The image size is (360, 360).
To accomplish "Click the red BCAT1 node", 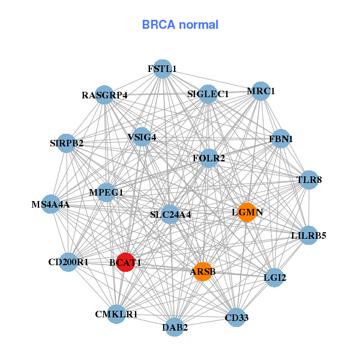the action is coord(125,262).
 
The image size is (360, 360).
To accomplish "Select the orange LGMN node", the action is coord(247,212).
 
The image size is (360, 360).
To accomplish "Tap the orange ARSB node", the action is coord(203,272).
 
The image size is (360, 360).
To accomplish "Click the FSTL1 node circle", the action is coord(162,69).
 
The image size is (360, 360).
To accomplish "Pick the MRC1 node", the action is coord(261,91).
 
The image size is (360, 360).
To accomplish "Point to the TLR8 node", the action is coord(309,179).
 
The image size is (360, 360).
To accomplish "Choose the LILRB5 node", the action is coord(308,235).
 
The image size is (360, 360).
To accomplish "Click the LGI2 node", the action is coord(275,277).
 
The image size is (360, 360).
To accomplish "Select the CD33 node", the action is coord(236,317).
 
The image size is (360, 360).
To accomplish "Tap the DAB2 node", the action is coord(175,327).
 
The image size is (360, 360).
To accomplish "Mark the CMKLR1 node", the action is coord(116,314).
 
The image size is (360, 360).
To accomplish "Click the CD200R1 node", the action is coord(68,262).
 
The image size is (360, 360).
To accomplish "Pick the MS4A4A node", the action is coord(51,205).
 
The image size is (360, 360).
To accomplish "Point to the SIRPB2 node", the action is coord(67,143).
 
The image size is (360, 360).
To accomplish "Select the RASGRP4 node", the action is coord(104,95).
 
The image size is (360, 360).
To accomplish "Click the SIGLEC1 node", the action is coord(208,94).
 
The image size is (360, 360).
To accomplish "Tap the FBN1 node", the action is coord(281,139).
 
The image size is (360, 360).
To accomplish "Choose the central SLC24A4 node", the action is coord(170,214).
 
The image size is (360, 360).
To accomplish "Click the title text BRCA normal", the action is coord(180,25).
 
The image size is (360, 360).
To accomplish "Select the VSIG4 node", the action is coord(142,137).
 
